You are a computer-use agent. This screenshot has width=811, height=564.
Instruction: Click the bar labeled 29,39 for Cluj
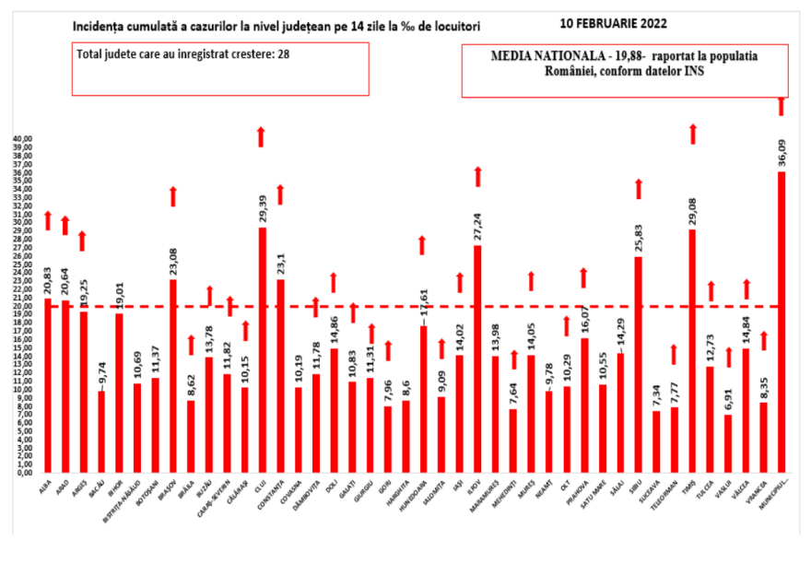263,350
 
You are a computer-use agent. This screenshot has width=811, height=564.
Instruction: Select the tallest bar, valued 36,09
782,323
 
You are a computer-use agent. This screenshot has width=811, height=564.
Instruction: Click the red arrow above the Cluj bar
262,136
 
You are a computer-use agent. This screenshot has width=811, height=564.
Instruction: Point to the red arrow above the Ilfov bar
477,176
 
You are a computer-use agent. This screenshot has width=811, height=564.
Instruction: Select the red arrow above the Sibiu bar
638,189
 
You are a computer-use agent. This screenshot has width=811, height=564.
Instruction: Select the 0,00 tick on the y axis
24,474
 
